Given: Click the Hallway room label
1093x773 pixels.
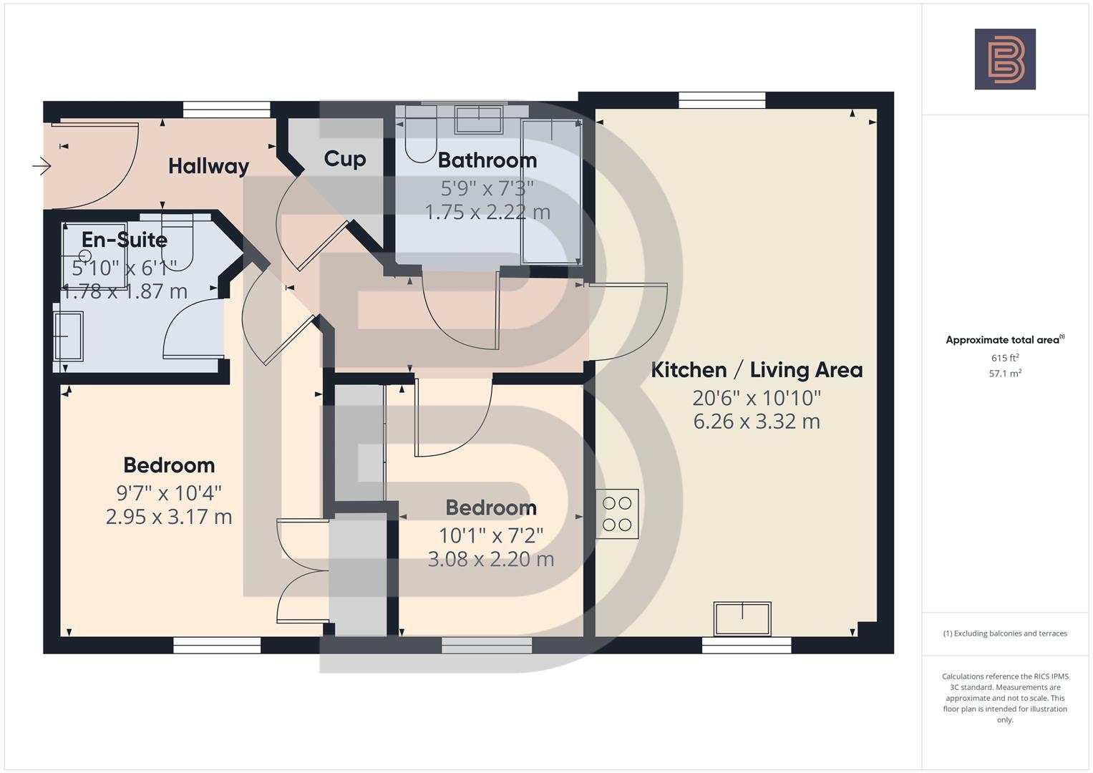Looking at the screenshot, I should [208, 166].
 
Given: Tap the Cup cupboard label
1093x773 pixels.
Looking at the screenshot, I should [344, 158].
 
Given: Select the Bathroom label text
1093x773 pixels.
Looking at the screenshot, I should [487, 160].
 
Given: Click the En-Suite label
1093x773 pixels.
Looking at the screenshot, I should [125, 239].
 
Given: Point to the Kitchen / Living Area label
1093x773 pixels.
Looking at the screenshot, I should [757, 370].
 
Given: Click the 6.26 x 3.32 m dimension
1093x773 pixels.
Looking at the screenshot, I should [757, 422].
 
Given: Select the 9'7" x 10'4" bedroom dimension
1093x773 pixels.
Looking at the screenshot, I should [169, 492].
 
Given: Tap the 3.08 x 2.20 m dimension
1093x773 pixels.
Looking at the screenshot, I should [491, 559].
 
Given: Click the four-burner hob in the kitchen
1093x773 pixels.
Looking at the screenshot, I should [617, 514].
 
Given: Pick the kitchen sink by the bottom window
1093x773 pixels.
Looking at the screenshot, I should [742, 618].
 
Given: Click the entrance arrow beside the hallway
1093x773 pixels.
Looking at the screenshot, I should [42, 167].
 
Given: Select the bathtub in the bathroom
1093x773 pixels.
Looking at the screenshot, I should [551, 192].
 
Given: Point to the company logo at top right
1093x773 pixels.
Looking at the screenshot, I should [1005, 59].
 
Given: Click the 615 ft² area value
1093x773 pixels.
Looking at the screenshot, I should [1005, 358].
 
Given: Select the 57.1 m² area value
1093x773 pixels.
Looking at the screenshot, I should [1005, 374].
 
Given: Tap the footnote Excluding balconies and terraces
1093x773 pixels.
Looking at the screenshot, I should [1005, 633].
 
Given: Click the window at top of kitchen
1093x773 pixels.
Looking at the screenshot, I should [722, 100].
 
